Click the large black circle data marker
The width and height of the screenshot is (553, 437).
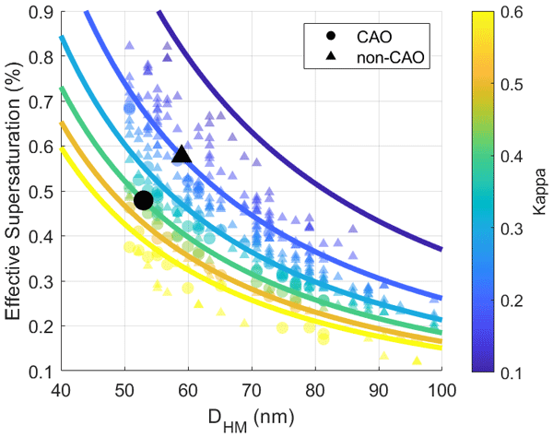click(x=143, y=200)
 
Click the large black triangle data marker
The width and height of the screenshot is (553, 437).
click(x=182, y=155)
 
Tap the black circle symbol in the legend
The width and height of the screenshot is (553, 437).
click(x=319, y=37)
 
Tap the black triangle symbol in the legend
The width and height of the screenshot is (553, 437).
click(x=319, y=57)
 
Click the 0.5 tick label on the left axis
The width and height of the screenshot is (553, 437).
click(x=41, y=191)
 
